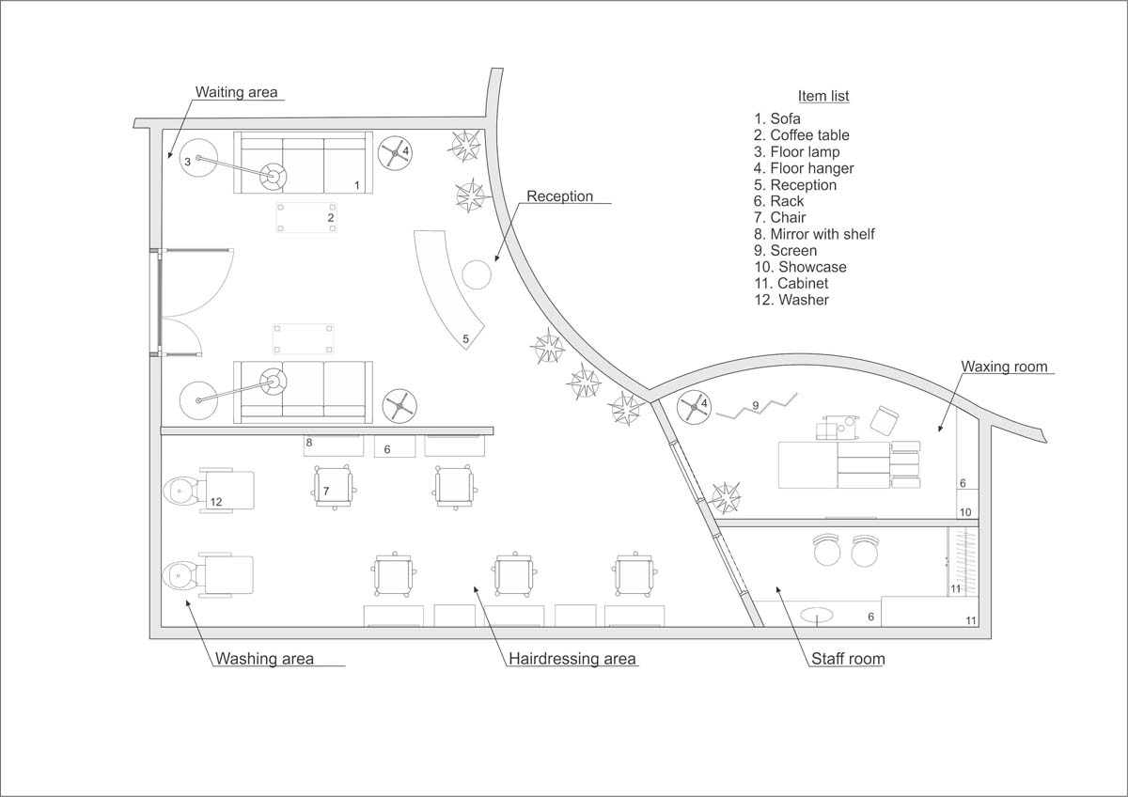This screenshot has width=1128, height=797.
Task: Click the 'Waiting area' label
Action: tap(237, 92)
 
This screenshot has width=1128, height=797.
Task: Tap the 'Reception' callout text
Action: tap(559, 196)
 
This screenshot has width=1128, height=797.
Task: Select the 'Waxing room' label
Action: tap(1003, 367)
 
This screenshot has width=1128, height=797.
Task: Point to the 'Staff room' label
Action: tap(847, 659)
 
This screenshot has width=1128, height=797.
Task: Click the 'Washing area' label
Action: tap(264, 658)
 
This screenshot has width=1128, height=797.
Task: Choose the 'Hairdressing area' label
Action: tap(572, 658)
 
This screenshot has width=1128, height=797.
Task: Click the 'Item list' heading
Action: tap(823, 96)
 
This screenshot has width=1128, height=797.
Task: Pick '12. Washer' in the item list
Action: tap(791, 300)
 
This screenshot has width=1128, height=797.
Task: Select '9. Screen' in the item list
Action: tap(785, 250)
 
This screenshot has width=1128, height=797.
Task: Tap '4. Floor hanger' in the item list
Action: tap(804, 168)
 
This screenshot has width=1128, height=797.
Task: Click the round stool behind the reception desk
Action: tap(476, 274)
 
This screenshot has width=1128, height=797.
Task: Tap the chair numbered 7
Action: tap(334, 486)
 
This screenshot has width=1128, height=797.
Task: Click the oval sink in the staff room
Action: tap(818, 617)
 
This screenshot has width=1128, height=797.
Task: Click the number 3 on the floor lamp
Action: tap(187, 162)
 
